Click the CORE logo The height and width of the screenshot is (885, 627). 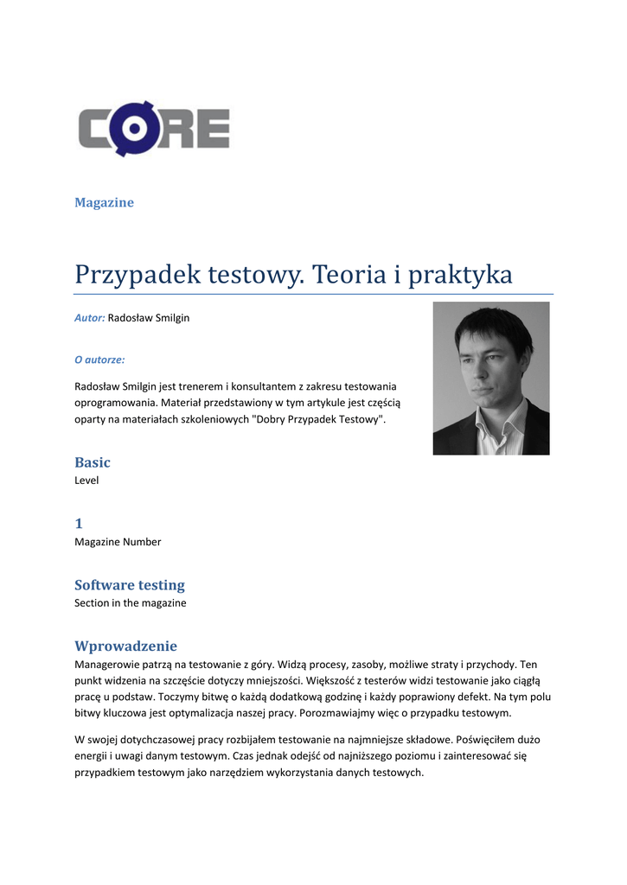tap(155, 131)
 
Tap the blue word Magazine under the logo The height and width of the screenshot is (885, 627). tap(104, 202)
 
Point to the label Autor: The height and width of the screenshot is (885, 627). tap(90, 318)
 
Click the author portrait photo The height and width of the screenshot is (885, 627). tap(490, 378)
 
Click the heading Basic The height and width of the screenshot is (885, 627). tap(93, 462)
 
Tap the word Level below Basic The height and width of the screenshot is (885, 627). tap(86, 481)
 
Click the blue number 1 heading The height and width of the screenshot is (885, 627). tap(79, 524)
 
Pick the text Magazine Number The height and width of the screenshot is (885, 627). tap(118, 542)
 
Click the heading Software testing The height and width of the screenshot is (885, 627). tap(130, 585)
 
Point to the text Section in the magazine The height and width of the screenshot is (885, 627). tap(130, 603)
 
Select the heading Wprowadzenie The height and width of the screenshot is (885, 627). tap(125, 646)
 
